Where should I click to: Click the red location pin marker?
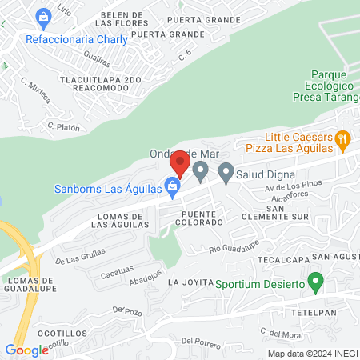tap(179, 164)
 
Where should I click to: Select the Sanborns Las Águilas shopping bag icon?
tap(171, 187)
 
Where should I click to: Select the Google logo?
tap(26, 350)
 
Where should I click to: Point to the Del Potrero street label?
tap(200, 342)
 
